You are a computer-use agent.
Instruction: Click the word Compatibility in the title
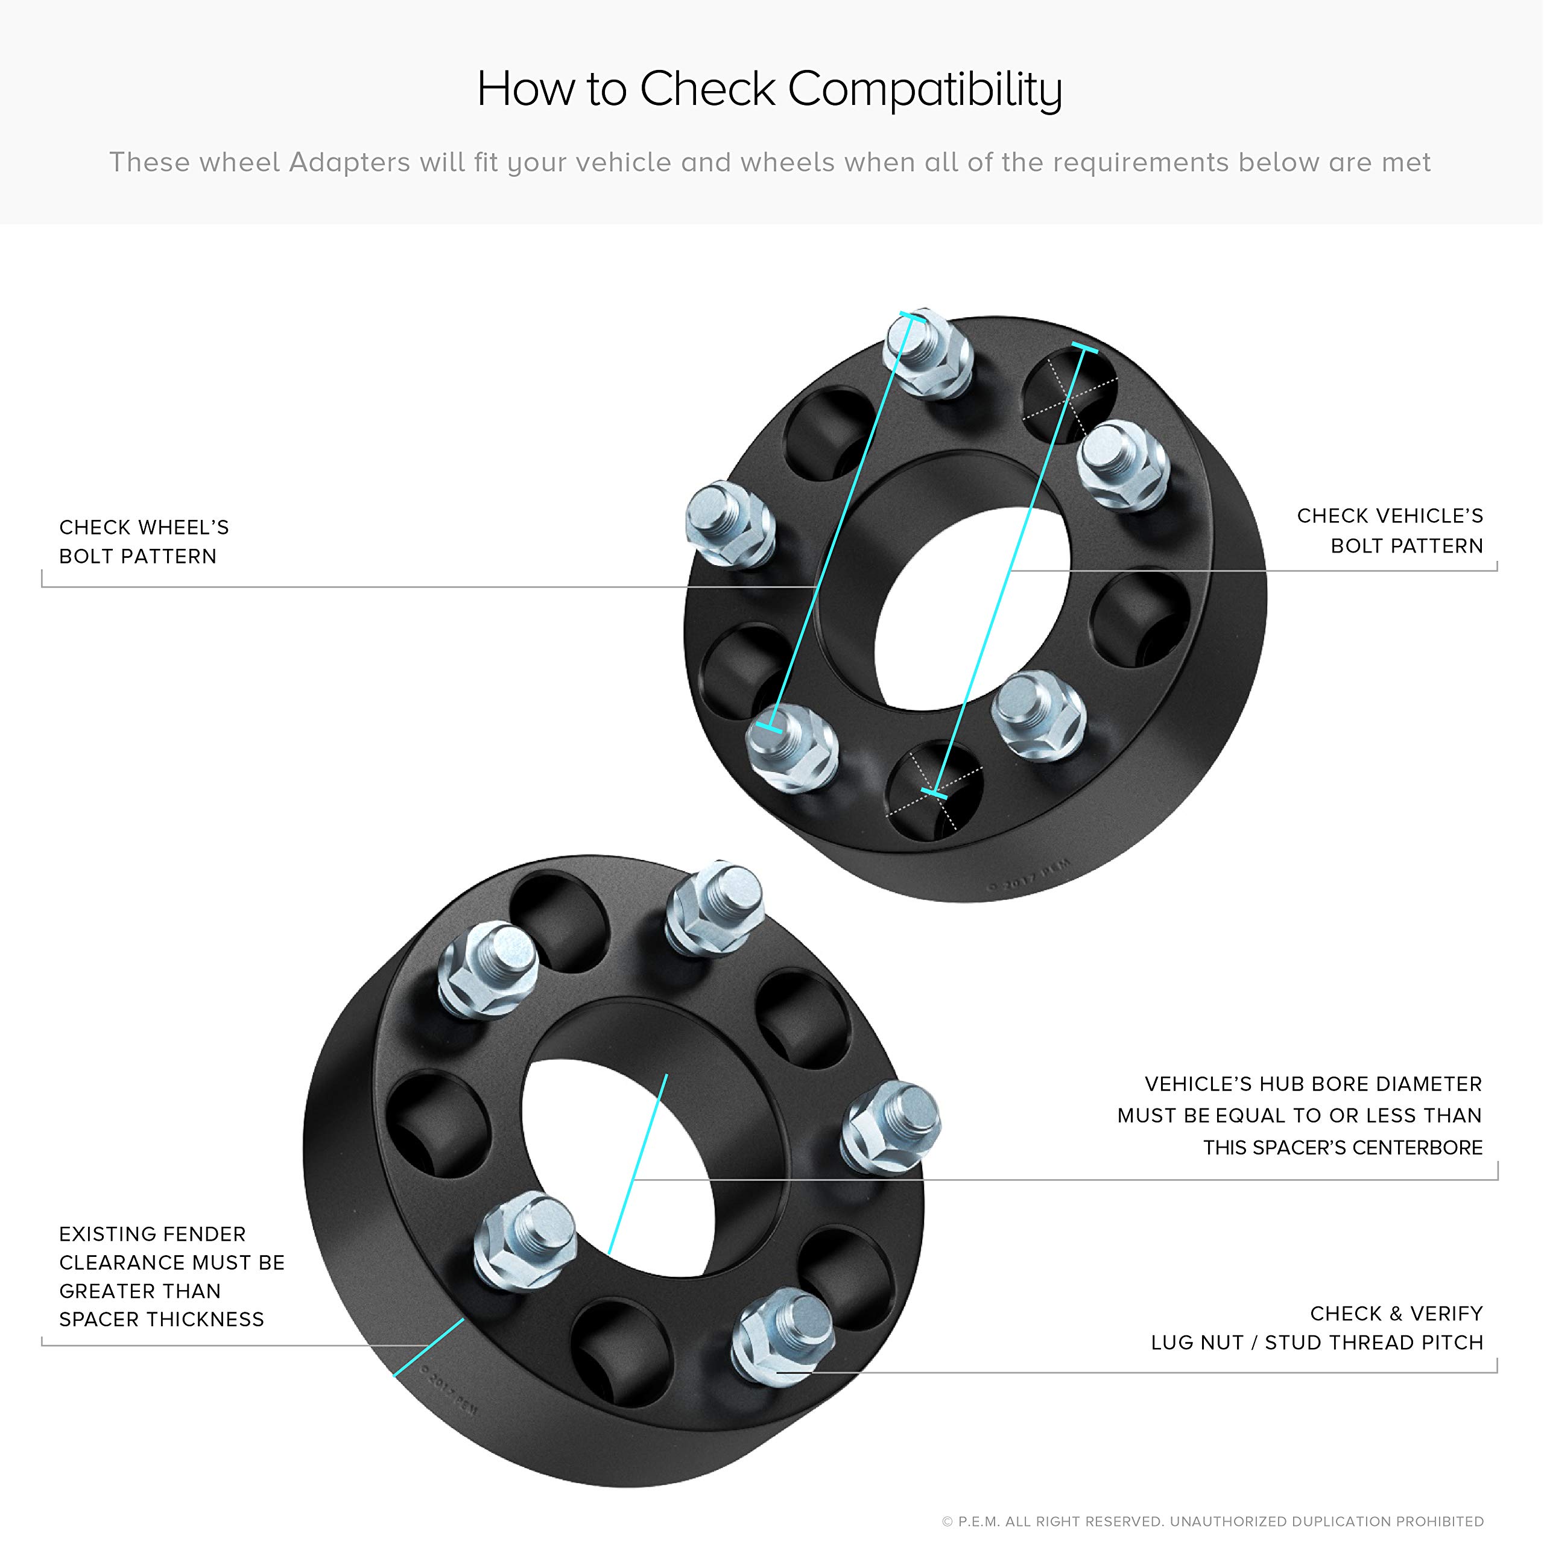tap(925, 89)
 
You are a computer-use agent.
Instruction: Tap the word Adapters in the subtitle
tap(350, 162)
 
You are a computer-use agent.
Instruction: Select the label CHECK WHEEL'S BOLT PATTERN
tap(144, 541)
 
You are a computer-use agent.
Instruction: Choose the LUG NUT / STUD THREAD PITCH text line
tap(1317, 1342)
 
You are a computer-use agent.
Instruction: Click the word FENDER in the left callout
tap(204, 1234)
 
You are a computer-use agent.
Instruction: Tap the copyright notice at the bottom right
tap(1212, 1522)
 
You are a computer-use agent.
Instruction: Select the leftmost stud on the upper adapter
tap(730, 524)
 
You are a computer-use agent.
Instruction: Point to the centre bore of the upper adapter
tap(973, 607)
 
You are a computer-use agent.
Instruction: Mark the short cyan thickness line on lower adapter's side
tap(429, 1347)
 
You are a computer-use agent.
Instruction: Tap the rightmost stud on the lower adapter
tap(890, 1127)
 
